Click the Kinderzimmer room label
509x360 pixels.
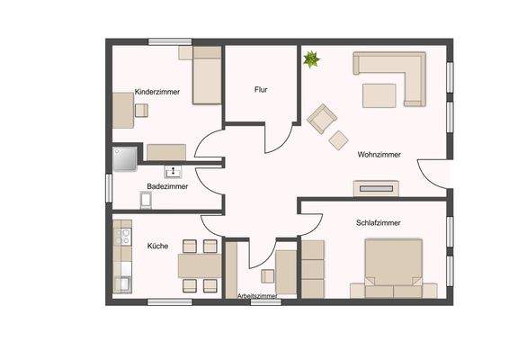click(157, 92)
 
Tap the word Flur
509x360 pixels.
click(261, 90)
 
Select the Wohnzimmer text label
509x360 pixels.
click(379, 154)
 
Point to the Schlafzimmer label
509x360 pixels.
click(378, 222)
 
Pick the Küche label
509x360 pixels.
click(157, 245)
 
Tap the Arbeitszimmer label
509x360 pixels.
click(256, 295)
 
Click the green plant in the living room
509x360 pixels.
click(311, 60)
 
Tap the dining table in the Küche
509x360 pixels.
click(199, 265)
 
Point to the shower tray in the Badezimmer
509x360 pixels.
click(124, 159)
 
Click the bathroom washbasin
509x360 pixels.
click(172, 171)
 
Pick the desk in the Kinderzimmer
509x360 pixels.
click(122, 111)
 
